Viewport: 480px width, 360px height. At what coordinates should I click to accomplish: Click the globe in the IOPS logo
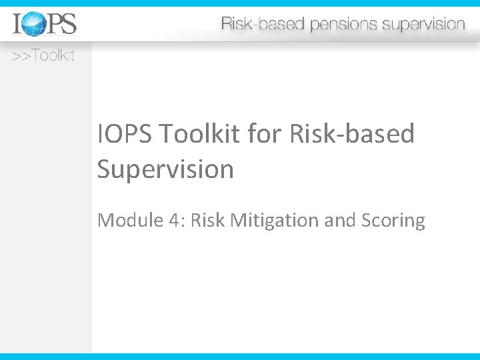click(x=35, y=24)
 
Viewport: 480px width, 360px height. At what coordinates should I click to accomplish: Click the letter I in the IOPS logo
click(x=17, y=24)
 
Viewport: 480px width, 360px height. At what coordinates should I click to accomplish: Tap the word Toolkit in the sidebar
click(x=53, y=56)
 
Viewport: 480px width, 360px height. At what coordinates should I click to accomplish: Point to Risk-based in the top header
click(x=262, y=25)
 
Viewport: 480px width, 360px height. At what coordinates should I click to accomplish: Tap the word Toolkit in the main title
click(x=200, y=135)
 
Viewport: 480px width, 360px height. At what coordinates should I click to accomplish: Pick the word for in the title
click(x=265, y=135)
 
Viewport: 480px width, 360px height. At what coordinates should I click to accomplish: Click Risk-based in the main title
click(x=352, y=135)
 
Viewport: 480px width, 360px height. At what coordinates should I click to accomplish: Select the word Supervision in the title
click(x=165, y=169)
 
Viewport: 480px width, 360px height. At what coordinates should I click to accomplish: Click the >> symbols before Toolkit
click(x=21, y=56)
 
